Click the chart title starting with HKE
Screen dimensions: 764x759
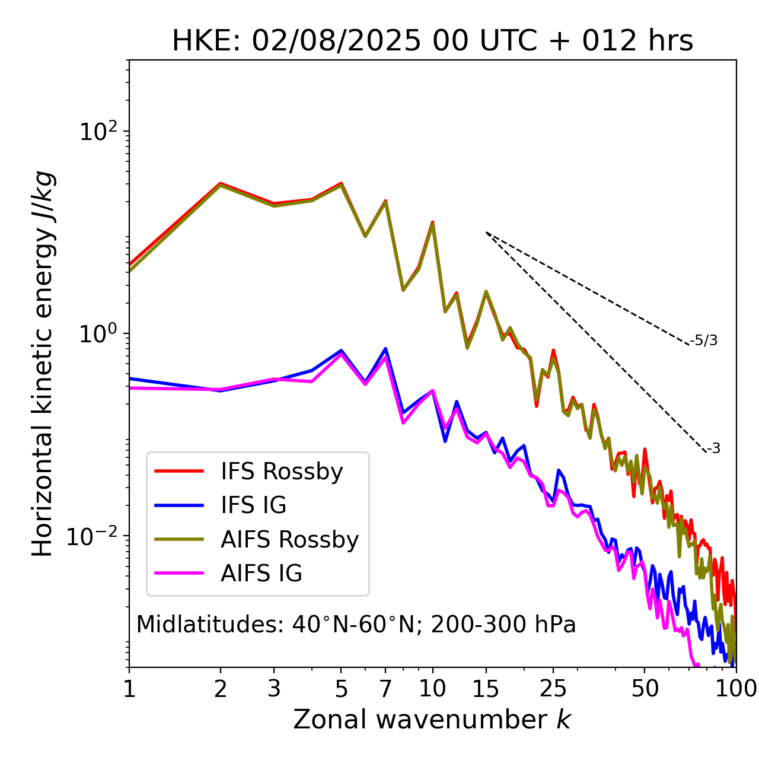pos(432,42)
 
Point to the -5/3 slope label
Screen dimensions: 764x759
pos(704,340)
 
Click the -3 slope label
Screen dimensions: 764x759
pos(713,448)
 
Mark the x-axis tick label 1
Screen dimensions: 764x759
pos(129,689)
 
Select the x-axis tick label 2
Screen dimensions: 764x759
pos(221,689)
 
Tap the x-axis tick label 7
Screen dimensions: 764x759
pos(385,689)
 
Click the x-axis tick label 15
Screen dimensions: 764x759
pos(486,689)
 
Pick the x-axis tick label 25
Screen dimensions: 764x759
pos(553,689)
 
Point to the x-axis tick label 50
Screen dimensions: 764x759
pos(645,689)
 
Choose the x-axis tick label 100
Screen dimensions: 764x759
pos(736,689)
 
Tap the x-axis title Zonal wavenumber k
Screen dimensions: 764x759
pos(432,720)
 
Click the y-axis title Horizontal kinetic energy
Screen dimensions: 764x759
pos(43,364)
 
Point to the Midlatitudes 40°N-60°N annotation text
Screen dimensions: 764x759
pos(356,625)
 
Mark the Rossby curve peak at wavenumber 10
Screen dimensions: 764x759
pos(432,222)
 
